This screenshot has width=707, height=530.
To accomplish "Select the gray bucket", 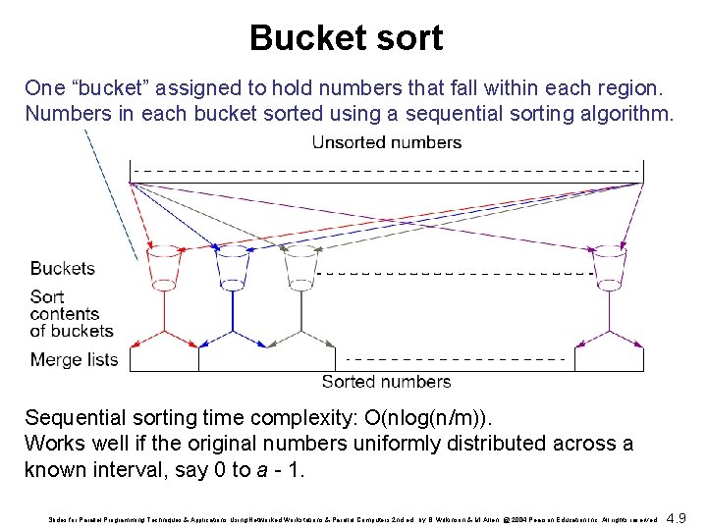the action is coord(299,266).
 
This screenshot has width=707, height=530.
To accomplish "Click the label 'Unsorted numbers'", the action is coord(386,142).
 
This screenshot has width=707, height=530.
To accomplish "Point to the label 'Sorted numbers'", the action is coord(386,382).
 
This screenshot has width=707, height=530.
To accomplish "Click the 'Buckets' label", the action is coord(63,268).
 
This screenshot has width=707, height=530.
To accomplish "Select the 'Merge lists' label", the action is coord(75,359).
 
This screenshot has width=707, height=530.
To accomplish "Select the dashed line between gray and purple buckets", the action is coord(457,272).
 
